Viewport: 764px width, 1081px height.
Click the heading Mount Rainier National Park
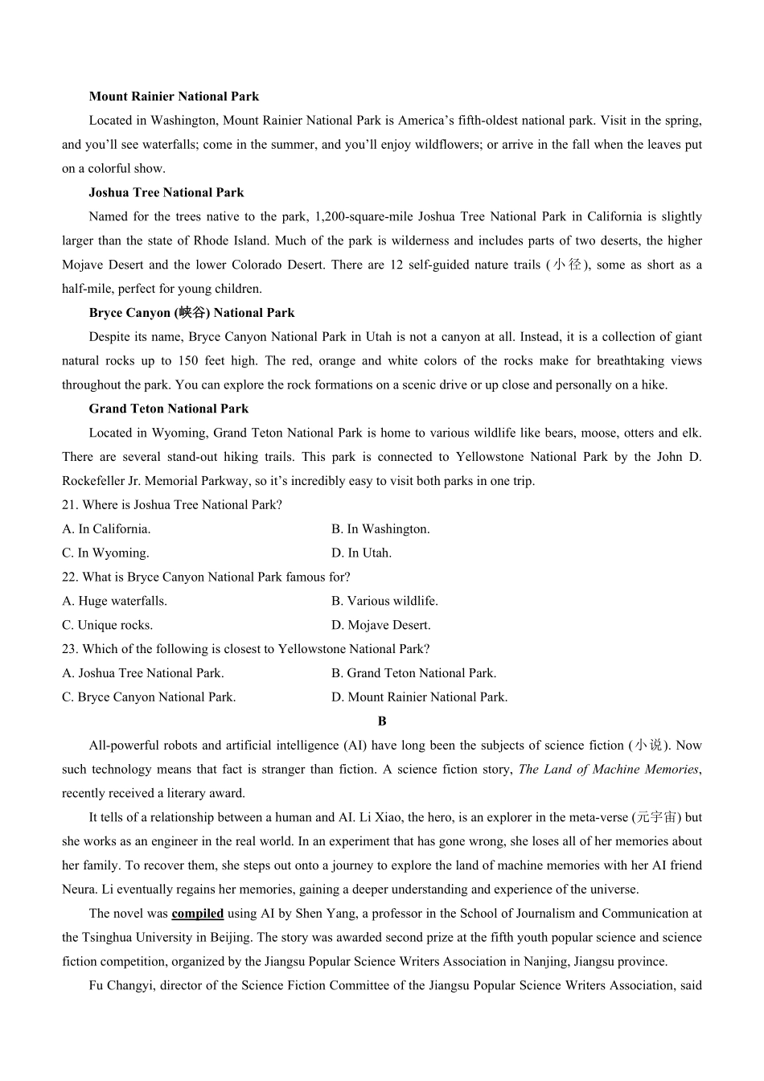tap(174, 97)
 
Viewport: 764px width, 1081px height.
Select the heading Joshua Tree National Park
tap(166, 192)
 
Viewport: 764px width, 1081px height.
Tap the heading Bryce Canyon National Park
tap(191, 313)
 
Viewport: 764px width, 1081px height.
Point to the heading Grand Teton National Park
tap(169, 409)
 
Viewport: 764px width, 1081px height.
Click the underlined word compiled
tap(197, 914)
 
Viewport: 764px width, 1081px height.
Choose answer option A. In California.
tap(106, 529)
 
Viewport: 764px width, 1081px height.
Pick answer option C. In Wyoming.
tap(105, 553)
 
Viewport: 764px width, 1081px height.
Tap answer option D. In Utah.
tap(361, 553)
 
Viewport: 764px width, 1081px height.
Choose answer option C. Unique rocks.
tap(107, 625)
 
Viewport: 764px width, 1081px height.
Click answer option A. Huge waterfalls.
tap(114, 601)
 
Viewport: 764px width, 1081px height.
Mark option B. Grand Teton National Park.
tap(413, 673)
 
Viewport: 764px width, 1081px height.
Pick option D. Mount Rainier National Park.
tap(419, 697)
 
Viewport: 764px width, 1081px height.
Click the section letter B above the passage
tap(382, 721)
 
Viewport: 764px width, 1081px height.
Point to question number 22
tap(70, 577)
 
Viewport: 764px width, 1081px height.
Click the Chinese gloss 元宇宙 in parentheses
tap(657, 817)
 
